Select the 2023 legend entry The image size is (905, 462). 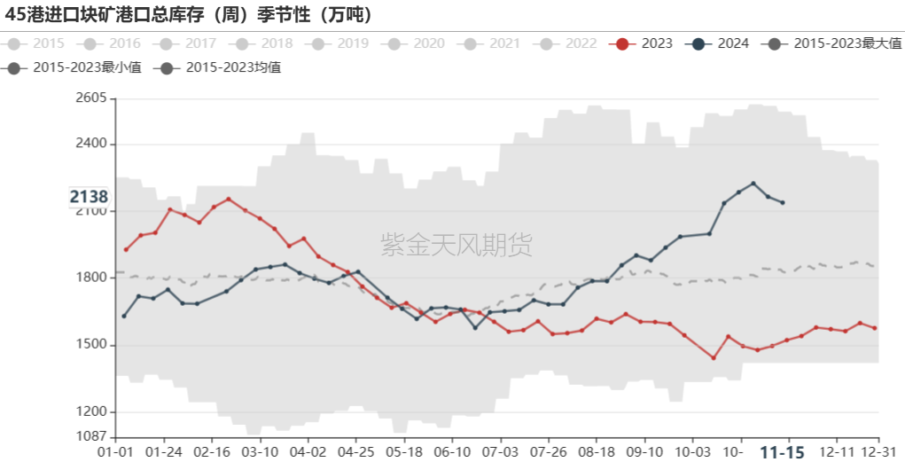point(644,43)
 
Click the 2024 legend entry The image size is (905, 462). point(721,43)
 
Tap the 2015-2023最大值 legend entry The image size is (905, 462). point(834,43)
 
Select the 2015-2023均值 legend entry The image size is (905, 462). point(221,67)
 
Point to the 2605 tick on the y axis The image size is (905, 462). point(91,98)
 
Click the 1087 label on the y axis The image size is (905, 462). point(91,436)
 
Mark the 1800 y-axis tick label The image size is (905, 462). point(91,278)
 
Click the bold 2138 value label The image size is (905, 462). point(89,197)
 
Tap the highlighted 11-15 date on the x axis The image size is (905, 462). point(783,452)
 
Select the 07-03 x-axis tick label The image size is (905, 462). point(501,451)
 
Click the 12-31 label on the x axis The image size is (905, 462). point(878,451)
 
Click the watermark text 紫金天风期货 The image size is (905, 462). point(456,244)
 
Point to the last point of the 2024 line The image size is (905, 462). point(783,203)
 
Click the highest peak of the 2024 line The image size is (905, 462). point(753,184)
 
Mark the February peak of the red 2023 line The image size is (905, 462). point(229,199)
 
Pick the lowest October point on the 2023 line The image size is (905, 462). point(714,358)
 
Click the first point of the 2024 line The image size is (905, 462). point(124,317)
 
